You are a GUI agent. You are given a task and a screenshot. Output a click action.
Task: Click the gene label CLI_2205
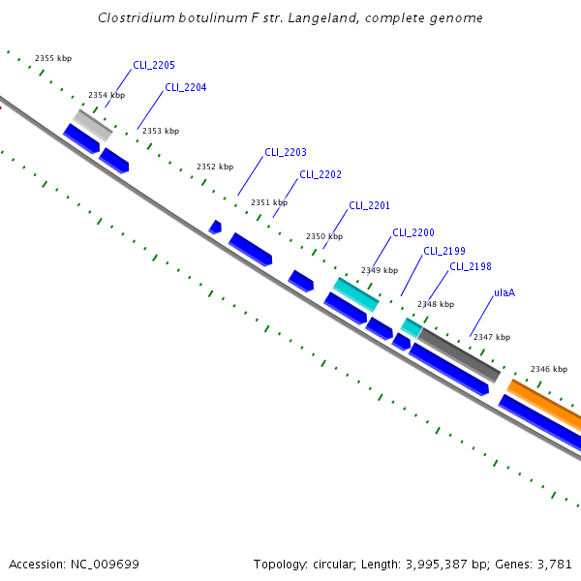[154, 65]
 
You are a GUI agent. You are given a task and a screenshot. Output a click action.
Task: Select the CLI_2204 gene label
[185, 87]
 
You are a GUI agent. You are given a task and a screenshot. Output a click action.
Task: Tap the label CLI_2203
[285, 152]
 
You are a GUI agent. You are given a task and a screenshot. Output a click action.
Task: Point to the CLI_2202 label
[320, 174]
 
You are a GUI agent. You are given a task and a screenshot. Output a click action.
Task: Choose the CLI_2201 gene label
[369, 205]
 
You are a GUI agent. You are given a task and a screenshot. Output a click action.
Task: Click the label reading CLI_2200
[413, 232]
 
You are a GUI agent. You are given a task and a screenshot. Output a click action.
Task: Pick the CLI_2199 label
[443, 251]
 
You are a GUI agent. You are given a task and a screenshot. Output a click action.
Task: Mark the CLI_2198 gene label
[471, 266]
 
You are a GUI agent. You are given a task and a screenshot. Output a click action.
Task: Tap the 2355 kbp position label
[53, 58]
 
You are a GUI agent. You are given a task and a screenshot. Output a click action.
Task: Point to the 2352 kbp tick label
[215, 167]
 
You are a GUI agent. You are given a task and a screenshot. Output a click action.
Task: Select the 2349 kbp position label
[380, 271]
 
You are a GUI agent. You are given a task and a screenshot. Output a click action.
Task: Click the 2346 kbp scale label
[548, 369]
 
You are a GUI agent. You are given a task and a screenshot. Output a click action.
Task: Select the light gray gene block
[93, 124]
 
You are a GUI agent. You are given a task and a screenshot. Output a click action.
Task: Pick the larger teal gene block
[356, 294]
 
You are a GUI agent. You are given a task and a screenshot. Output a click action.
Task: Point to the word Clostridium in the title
[138, 17]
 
